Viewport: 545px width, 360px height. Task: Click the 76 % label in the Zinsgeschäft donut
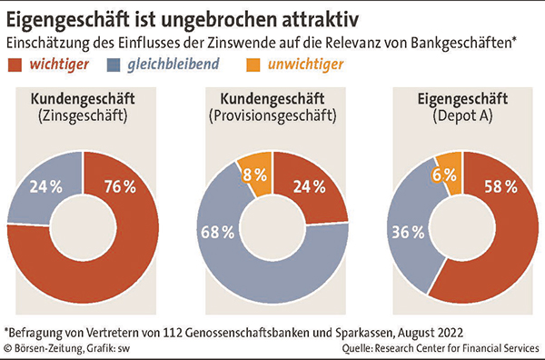click(x=119, y=187)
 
